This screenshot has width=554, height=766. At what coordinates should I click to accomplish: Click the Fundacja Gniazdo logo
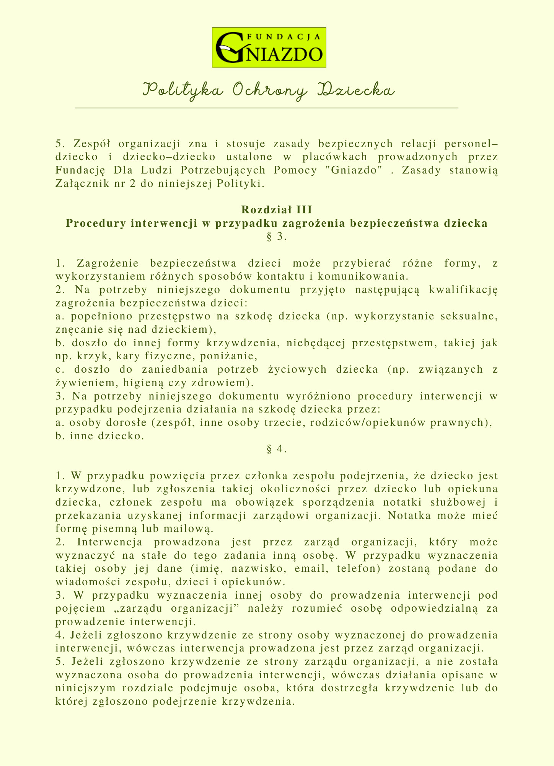pyautogui.click(x=269, y=47)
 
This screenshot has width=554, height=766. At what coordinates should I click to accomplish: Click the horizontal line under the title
pyautogui.click(x=267, y=108)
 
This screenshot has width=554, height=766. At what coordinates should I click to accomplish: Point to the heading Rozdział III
pyautogui.click(x=277, y=210)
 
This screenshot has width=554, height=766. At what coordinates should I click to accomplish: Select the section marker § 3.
pyautogui.click(x=277, y=237)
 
